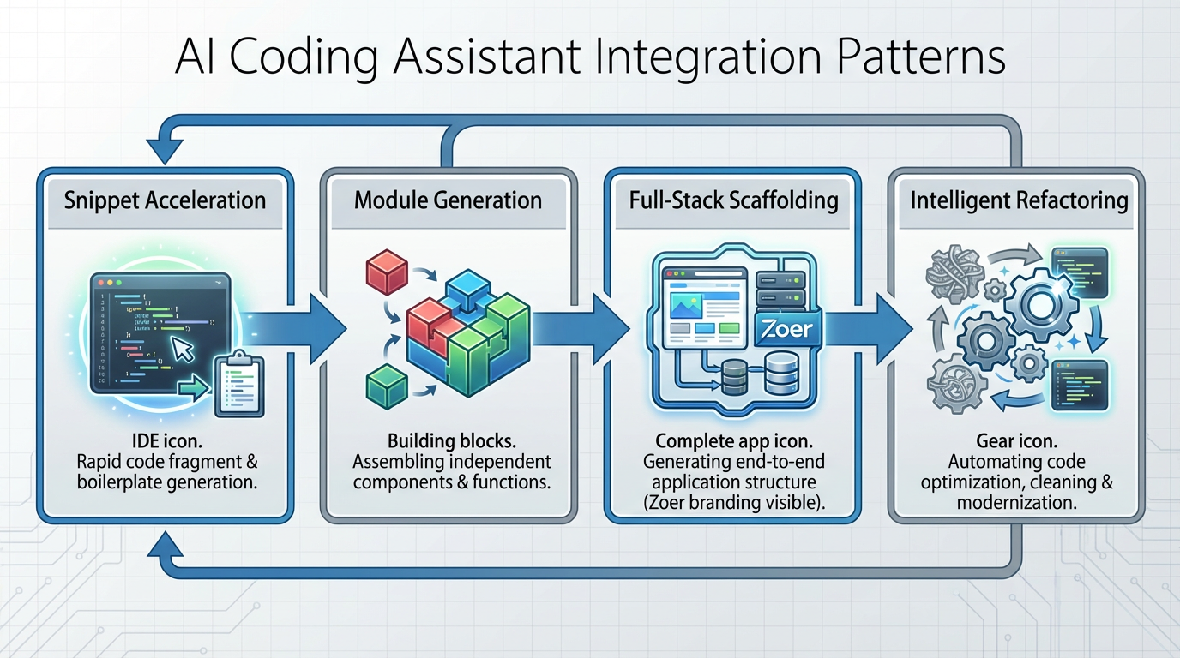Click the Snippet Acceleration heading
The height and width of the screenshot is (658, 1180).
[x=165, y=201]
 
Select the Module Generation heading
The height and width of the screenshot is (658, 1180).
[x=448, y=201]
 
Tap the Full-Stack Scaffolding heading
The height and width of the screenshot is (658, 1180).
[x=733, y=201]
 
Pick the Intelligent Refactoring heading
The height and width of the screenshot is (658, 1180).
[x=1018, y=201]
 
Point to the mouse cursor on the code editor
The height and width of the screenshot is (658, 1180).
[x=184, y=348]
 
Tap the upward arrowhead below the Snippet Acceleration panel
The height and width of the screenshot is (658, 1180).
[x=164, y=541]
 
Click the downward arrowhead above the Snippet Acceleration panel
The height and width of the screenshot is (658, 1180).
[x=164, y=151]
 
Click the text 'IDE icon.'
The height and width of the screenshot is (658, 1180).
[x=165, y=440]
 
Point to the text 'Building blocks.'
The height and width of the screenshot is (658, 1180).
[x=451, y=440]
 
